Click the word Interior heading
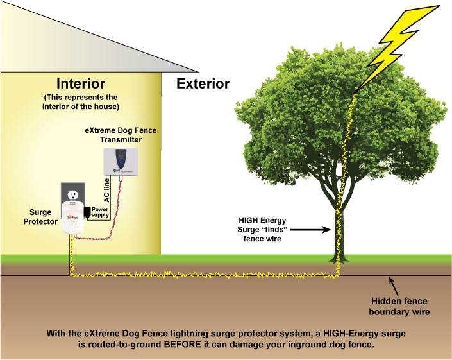81,83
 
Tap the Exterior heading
203,83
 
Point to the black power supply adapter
87,211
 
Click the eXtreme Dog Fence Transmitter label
121,135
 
